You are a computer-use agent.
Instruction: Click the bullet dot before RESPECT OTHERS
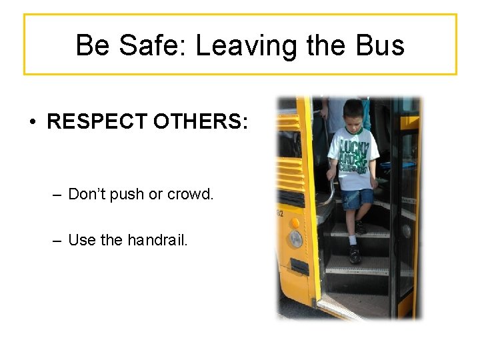(32, 123)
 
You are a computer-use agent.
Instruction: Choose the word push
(130, 194)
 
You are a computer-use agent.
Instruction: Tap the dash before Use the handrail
(57, 240)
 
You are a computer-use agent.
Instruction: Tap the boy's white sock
(353, 239)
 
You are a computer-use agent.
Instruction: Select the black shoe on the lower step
(355, 253)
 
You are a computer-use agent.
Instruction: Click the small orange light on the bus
(294, 222)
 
